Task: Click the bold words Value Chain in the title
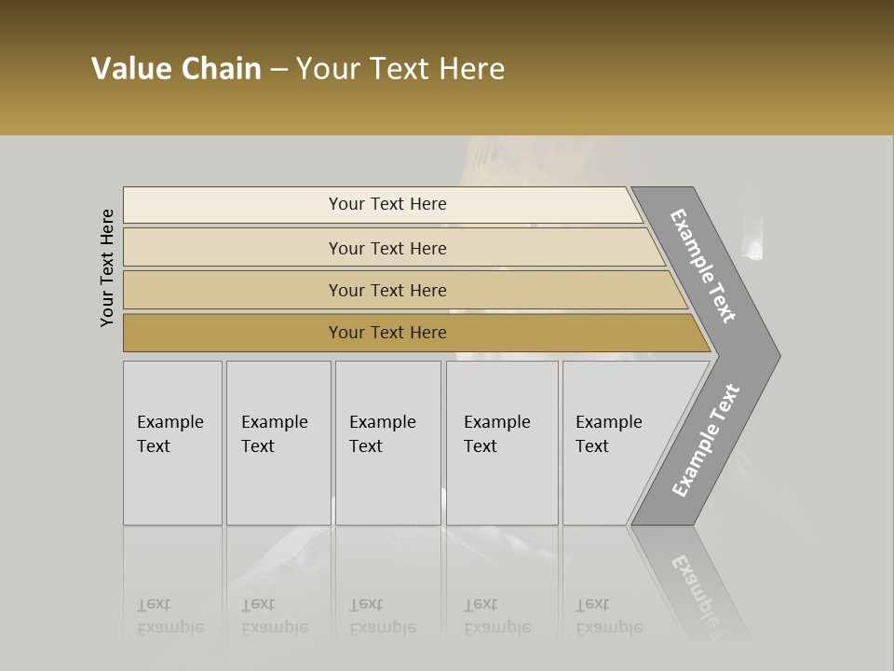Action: [x=176, y=69]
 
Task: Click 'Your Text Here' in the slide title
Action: [x=400, y=69]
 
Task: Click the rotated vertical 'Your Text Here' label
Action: [x=107, y=268]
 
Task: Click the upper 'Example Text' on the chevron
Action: [x=703, y=266]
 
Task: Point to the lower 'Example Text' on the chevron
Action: [x=705, y=441]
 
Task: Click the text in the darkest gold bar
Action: [x=387, y=333]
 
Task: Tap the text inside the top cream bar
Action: [x=387, y=204]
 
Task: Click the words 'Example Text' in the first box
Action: [x=169, y=434]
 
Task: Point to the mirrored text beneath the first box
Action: [x=169, y=617]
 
